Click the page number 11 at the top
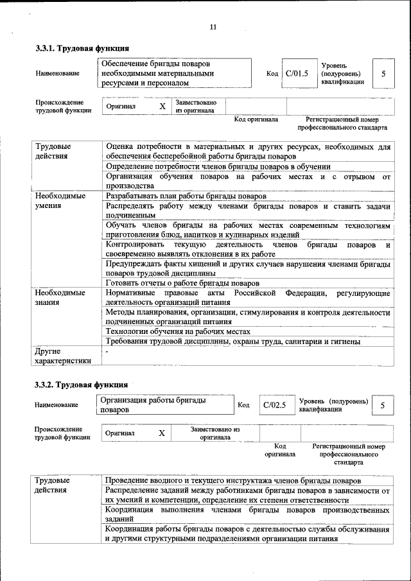213,26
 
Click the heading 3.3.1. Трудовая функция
82,48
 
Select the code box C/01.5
297,73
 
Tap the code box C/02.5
274,405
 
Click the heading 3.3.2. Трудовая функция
81,385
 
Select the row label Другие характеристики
63,356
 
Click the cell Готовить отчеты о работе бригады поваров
182,283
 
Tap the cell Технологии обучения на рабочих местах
177,331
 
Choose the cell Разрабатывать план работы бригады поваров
186,196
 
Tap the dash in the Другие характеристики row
107,352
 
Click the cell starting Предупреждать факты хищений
248,268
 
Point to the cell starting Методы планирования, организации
248,317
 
